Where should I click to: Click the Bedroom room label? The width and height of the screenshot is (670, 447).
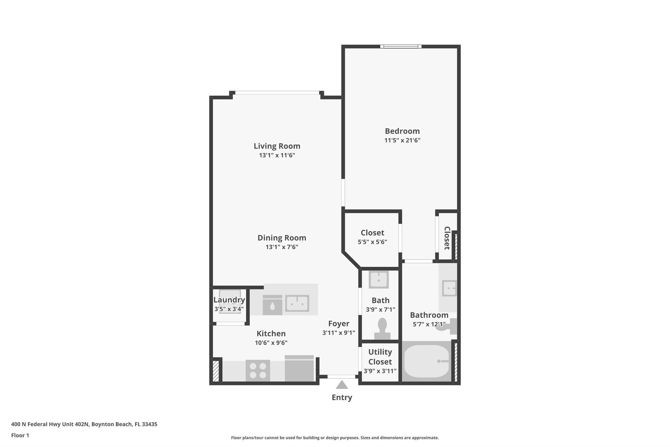coord(402,131)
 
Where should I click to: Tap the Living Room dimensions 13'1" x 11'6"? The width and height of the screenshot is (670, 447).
coord(277,155)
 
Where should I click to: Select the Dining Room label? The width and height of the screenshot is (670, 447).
coord(282,238)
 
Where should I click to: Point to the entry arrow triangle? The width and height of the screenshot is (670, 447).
coord(342,384)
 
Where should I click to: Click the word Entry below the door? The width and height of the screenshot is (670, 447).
coord(342,398)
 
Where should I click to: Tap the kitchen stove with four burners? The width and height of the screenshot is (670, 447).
coord(258,370)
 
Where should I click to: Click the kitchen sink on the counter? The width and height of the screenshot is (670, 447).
coord(297,303)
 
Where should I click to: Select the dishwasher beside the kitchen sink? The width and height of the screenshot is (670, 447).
coord(273,305)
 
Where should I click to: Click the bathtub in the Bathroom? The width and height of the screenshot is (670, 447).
coord(427,362)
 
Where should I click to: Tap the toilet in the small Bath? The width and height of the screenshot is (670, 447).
coord(382,329)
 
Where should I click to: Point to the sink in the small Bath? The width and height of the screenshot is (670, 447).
coord(379,280)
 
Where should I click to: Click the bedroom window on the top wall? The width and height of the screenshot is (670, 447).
coord(401,47)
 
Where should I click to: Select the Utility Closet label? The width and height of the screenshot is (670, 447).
coord(380,357)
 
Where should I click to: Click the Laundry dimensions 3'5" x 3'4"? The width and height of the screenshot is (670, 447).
coord(229,309)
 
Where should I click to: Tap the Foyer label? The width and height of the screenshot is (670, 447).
coord(339,324)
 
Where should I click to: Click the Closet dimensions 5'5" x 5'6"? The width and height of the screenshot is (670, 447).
coord(372,242)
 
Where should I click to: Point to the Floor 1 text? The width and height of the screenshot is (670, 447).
coord(20,436)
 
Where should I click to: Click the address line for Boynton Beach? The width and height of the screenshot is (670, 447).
coord(84,424)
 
